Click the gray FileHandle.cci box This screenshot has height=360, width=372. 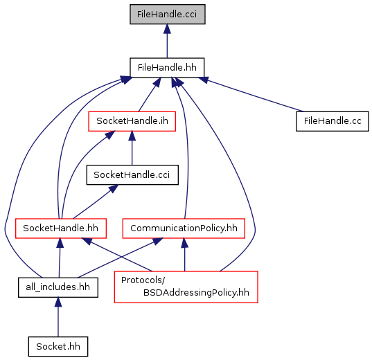[167, 15]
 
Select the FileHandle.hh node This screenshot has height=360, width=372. [167, 68]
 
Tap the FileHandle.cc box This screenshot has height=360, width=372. [333, 121]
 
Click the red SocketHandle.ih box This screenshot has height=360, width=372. [132, 121]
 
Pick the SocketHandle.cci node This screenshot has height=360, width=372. [132, 174]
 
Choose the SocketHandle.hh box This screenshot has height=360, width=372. [61, 228]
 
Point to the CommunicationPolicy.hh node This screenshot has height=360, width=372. [184, 228]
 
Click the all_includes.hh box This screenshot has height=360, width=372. [58, 287]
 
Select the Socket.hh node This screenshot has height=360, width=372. [58, 346]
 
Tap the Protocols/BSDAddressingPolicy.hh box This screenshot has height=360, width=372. [186, 287]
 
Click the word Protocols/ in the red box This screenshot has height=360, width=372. [143, 280]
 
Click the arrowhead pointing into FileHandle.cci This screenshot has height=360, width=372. [167, 28]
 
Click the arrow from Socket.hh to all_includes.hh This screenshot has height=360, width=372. [58, 317]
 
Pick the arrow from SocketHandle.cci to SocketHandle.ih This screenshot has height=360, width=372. [132, 148]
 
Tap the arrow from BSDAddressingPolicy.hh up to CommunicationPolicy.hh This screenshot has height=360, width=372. [184, 255]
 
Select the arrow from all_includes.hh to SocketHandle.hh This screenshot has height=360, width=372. [60, 258]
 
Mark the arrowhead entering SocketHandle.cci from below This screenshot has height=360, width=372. [114, 189]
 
